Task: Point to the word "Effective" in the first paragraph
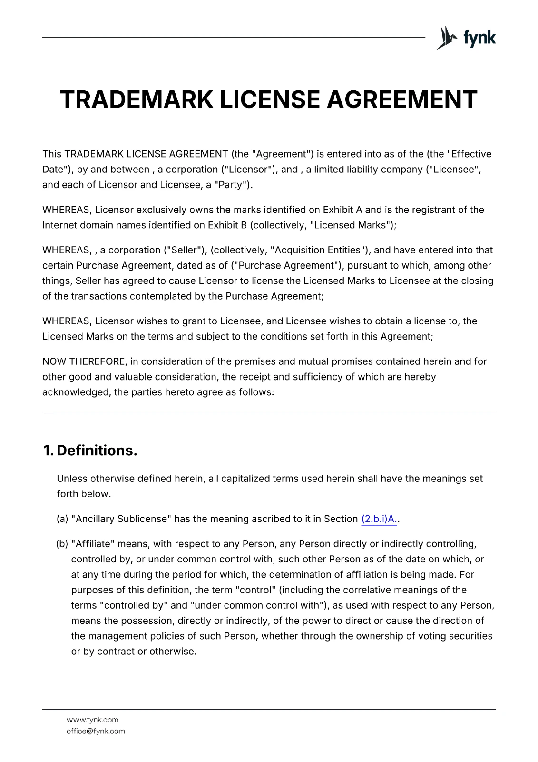pos(471,154)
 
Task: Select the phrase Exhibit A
pos(342,210)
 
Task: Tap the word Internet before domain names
pos(59,225)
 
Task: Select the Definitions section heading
pos(97,451)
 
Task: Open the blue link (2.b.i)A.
pos(379,519)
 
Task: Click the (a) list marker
pos(62,519)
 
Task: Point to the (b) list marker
pos(62,544)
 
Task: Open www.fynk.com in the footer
pos(92,720)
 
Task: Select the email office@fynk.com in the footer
pos(96,731)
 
